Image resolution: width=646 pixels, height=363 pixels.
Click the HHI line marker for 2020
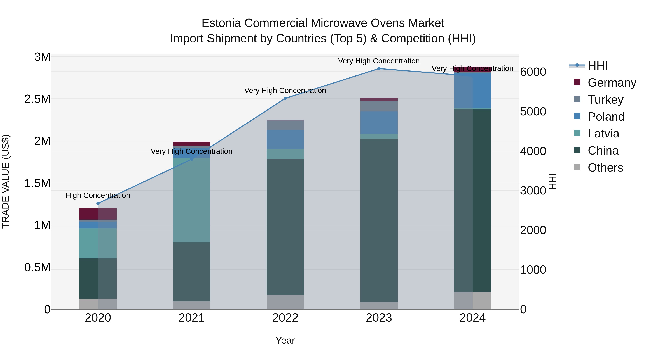point(98,203)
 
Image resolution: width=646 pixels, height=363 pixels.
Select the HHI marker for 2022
point(285,98)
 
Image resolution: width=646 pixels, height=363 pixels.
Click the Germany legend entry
point(612,83)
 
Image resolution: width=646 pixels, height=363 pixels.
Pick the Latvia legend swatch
point(577,133)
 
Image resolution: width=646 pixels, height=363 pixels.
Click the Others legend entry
point(605,168)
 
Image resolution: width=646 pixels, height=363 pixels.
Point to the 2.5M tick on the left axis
point(37,99)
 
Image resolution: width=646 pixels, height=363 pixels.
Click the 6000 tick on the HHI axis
point(533,72)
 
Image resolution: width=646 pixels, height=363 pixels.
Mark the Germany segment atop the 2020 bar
point(98,214)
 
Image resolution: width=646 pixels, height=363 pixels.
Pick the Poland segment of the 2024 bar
point(472,90)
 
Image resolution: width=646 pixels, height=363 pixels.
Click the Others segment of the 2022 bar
point(285,302)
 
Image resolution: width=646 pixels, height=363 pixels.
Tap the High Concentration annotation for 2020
point(98,195)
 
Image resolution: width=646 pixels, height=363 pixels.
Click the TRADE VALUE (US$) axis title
point(6,181)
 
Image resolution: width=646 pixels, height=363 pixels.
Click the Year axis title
point(285,340)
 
